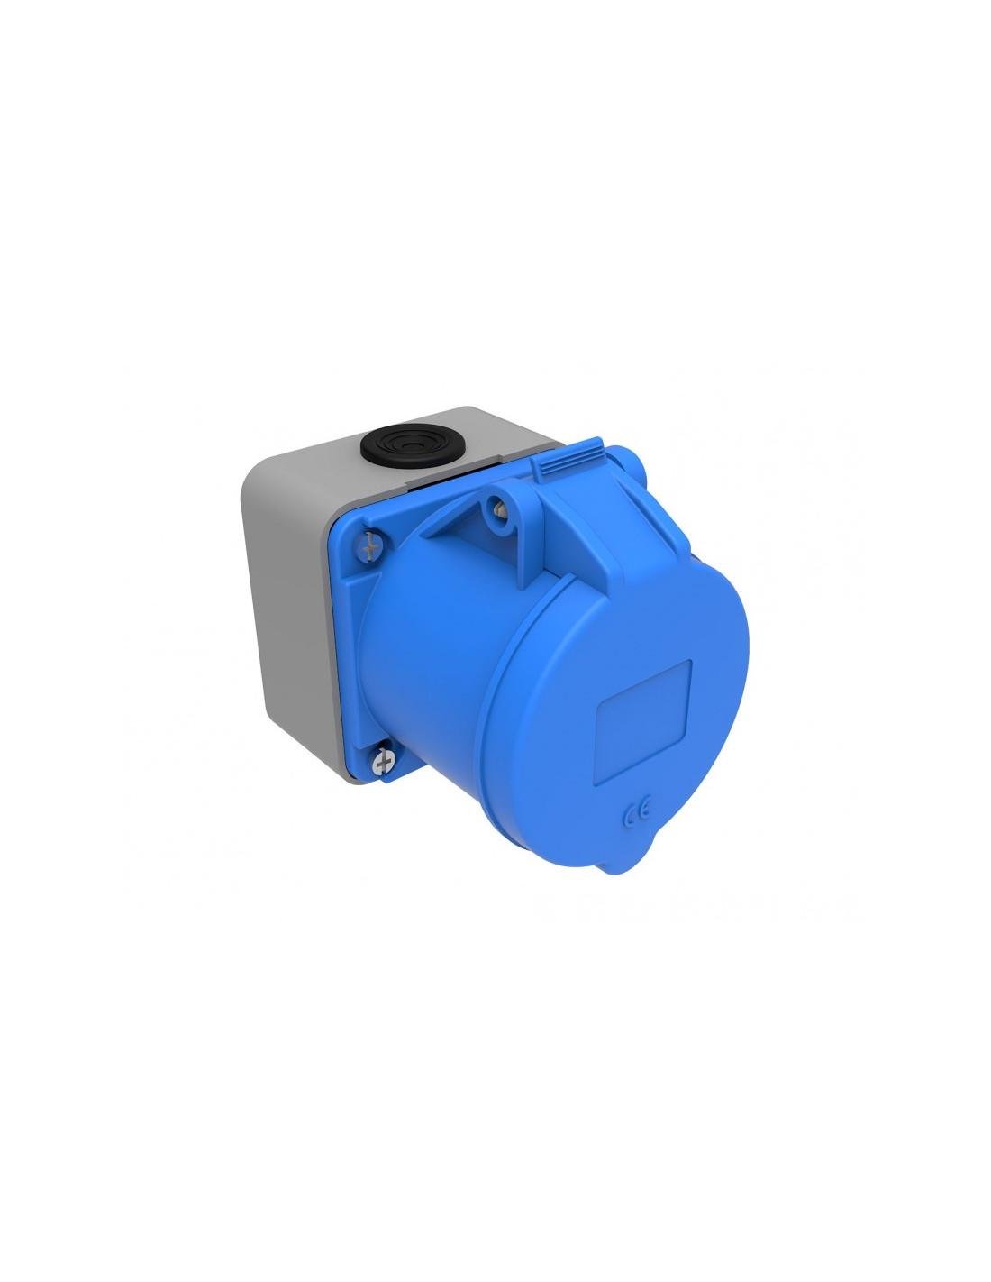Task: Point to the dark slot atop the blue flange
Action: (x=432, y=488)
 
